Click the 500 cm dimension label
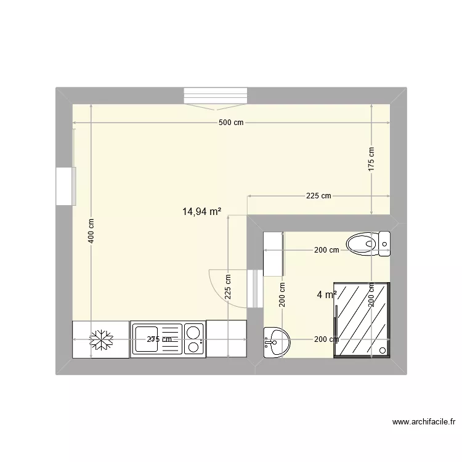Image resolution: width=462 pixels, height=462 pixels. (231, 123)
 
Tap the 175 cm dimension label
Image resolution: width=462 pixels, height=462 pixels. (371, 160)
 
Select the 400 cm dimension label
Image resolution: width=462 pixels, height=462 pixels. (91, 231)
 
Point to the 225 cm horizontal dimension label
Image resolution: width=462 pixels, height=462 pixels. (318, 196)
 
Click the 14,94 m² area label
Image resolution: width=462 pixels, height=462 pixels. (201, 211)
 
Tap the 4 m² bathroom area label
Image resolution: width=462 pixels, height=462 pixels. (326, 295)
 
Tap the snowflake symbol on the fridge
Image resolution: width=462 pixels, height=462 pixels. (100, 339)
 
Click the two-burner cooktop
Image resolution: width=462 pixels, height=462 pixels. (194, 339)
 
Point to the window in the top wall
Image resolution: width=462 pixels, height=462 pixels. (216, 97)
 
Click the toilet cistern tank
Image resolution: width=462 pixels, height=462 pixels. (384, 244)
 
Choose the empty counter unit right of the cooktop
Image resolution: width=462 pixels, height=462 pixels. (226, 339)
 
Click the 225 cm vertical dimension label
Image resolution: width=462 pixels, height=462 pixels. (228, 287)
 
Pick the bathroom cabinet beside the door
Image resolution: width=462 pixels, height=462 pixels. (273, 253)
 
